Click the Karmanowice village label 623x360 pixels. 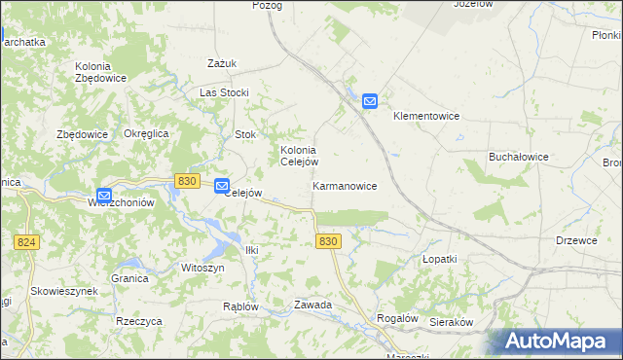(345, 185)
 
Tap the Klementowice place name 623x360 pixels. (425, 116)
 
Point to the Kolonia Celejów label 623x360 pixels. (299, 156)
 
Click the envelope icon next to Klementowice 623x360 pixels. (370, 100)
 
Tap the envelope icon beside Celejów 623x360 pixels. (222, 186)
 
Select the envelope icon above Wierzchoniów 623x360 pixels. (104, 196)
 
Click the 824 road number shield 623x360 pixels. (27, 241)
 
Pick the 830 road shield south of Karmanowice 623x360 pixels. (329, 241)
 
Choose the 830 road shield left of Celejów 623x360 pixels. (188, 181)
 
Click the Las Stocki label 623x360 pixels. (225, 92)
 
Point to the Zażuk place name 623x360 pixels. (222, 63)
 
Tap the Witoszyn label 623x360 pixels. (202, 267)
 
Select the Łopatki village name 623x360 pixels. (439, 260)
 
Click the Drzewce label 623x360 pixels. (576, 240)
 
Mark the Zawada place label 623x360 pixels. (313, 305)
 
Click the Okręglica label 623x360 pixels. (147, 133)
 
